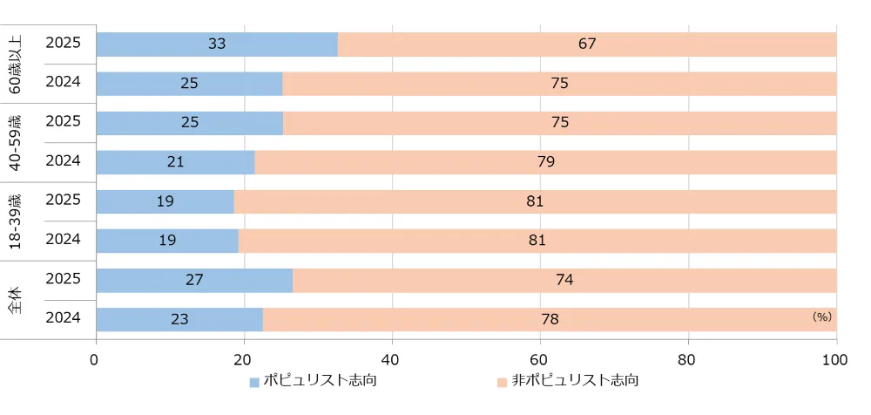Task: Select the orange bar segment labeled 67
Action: [x=587, y=44]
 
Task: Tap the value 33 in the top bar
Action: [x=217, y=44]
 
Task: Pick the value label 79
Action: [x=546, y=161]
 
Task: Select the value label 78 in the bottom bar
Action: [x=550, y=319]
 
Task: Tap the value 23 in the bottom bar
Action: [x=179, y=319]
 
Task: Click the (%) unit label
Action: [x=821, y=317]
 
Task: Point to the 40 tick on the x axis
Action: [x=392, y=358]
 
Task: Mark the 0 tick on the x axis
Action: [x=95, y=358]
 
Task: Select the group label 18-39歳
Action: [x=15, y=221]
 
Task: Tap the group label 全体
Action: [x=15, y=299]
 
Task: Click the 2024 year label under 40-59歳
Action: [x=63, y=161]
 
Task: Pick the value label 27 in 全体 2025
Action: [x=194, y=280]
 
